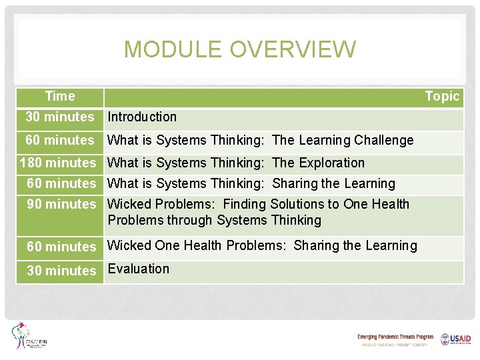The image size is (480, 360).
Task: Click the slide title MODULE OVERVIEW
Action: coord(240,49)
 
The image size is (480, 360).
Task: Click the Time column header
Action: coord(60,97)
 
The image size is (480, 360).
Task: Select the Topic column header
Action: coord(442,97)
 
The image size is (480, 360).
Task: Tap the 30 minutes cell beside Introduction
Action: coord(60,117)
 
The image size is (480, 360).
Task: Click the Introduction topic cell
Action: coord(142,117)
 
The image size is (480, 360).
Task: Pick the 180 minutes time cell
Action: coord(59,163)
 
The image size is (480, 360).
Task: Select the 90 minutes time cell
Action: coord(61,205)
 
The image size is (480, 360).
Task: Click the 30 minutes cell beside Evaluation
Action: coord(61,271)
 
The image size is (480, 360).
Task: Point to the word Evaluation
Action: coord(139,269)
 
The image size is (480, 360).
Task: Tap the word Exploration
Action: coord(333,163)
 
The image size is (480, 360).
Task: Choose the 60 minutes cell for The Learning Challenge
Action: coord(60,141)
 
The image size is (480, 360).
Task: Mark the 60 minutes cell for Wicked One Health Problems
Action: coord(61,247)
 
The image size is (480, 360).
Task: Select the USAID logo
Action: coord(455,339)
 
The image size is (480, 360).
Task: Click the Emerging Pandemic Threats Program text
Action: coord(395,337)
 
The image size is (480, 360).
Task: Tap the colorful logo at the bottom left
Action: coord(28,337)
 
